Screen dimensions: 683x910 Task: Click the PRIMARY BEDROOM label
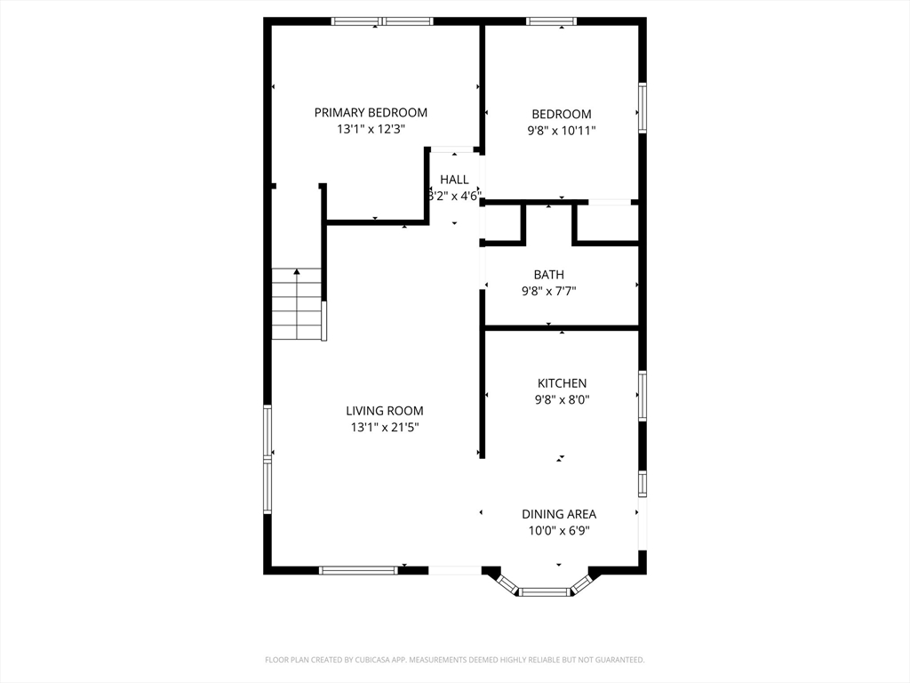click(x=371, y=112)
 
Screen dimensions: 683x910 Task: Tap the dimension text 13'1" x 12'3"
click(x=371, y=129)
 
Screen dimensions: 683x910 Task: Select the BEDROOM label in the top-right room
click(x=561, y=114)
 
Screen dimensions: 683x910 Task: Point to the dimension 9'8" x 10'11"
click(x=561, y=130)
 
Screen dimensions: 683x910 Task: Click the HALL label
click(x=454, y=180)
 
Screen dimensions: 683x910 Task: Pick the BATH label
click(x=548, y=275)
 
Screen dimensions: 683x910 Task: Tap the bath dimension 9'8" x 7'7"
click(x=548, y=291)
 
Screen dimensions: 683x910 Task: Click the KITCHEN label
click(x=562, y=383)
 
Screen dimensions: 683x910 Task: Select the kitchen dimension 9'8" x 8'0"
click(x=562, y=399)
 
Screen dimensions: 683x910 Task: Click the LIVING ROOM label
click(x=384, y=411)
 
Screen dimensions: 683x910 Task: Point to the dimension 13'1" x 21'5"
click(x=384, y=427)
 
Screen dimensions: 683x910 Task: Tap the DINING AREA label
click(x=558, y=514)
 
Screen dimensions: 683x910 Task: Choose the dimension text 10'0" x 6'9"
click(x=558, y=531)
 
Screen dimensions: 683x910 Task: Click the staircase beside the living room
click(x=297, y=304)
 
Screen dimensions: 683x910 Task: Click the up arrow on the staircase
click(x=297, y=272)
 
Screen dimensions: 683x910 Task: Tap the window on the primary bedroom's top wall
click(x=382, y=21)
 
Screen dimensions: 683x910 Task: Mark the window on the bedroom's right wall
click(x=642, y=108)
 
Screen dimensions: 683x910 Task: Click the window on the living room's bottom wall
click(x=358, y=570)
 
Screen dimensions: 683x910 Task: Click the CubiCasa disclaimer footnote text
click(x=455, y=660)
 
